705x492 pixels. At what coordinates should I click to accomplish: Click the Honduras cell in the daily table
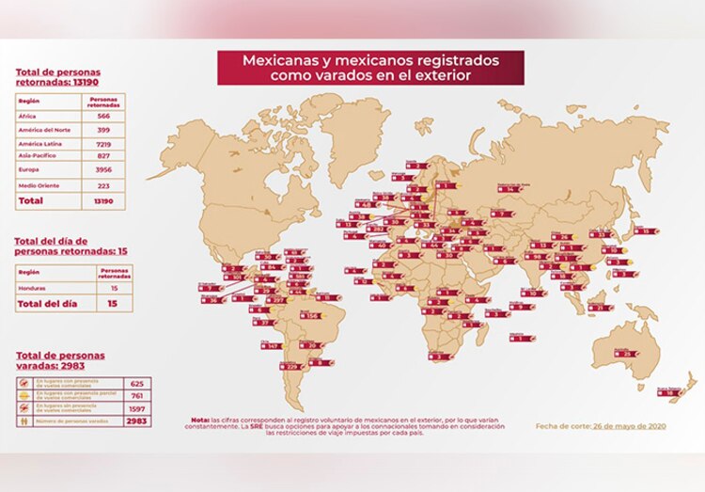coord(36,288)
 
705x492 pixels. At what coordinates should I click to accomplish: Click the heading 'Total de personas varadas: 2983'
coord(60,360)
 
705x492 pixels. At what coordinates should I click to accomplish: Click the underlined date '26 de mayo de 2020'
coord(632,425)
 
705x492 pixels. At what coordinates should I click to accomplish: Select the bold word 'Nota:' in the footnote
coord(201,421)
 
